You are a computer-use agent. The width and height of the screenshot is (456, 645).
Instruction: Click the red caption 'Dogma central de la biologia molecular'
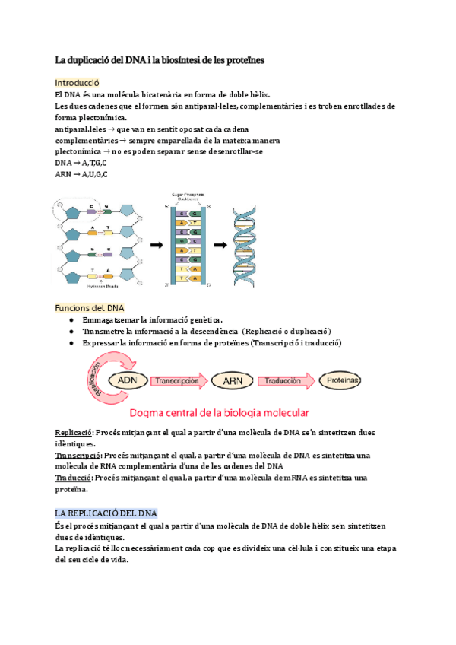(x=220, y=414)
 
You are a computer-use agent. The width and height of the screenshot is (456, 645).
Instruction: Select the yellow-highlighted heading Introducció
(x=77, y=82)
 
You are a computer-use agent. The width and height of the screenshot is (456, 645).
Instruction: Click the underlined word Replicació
(x=74, y=432)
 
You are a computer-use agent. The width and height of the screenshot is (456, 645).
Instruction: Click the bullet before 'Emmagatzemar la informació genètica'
(x=71, y=320)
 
